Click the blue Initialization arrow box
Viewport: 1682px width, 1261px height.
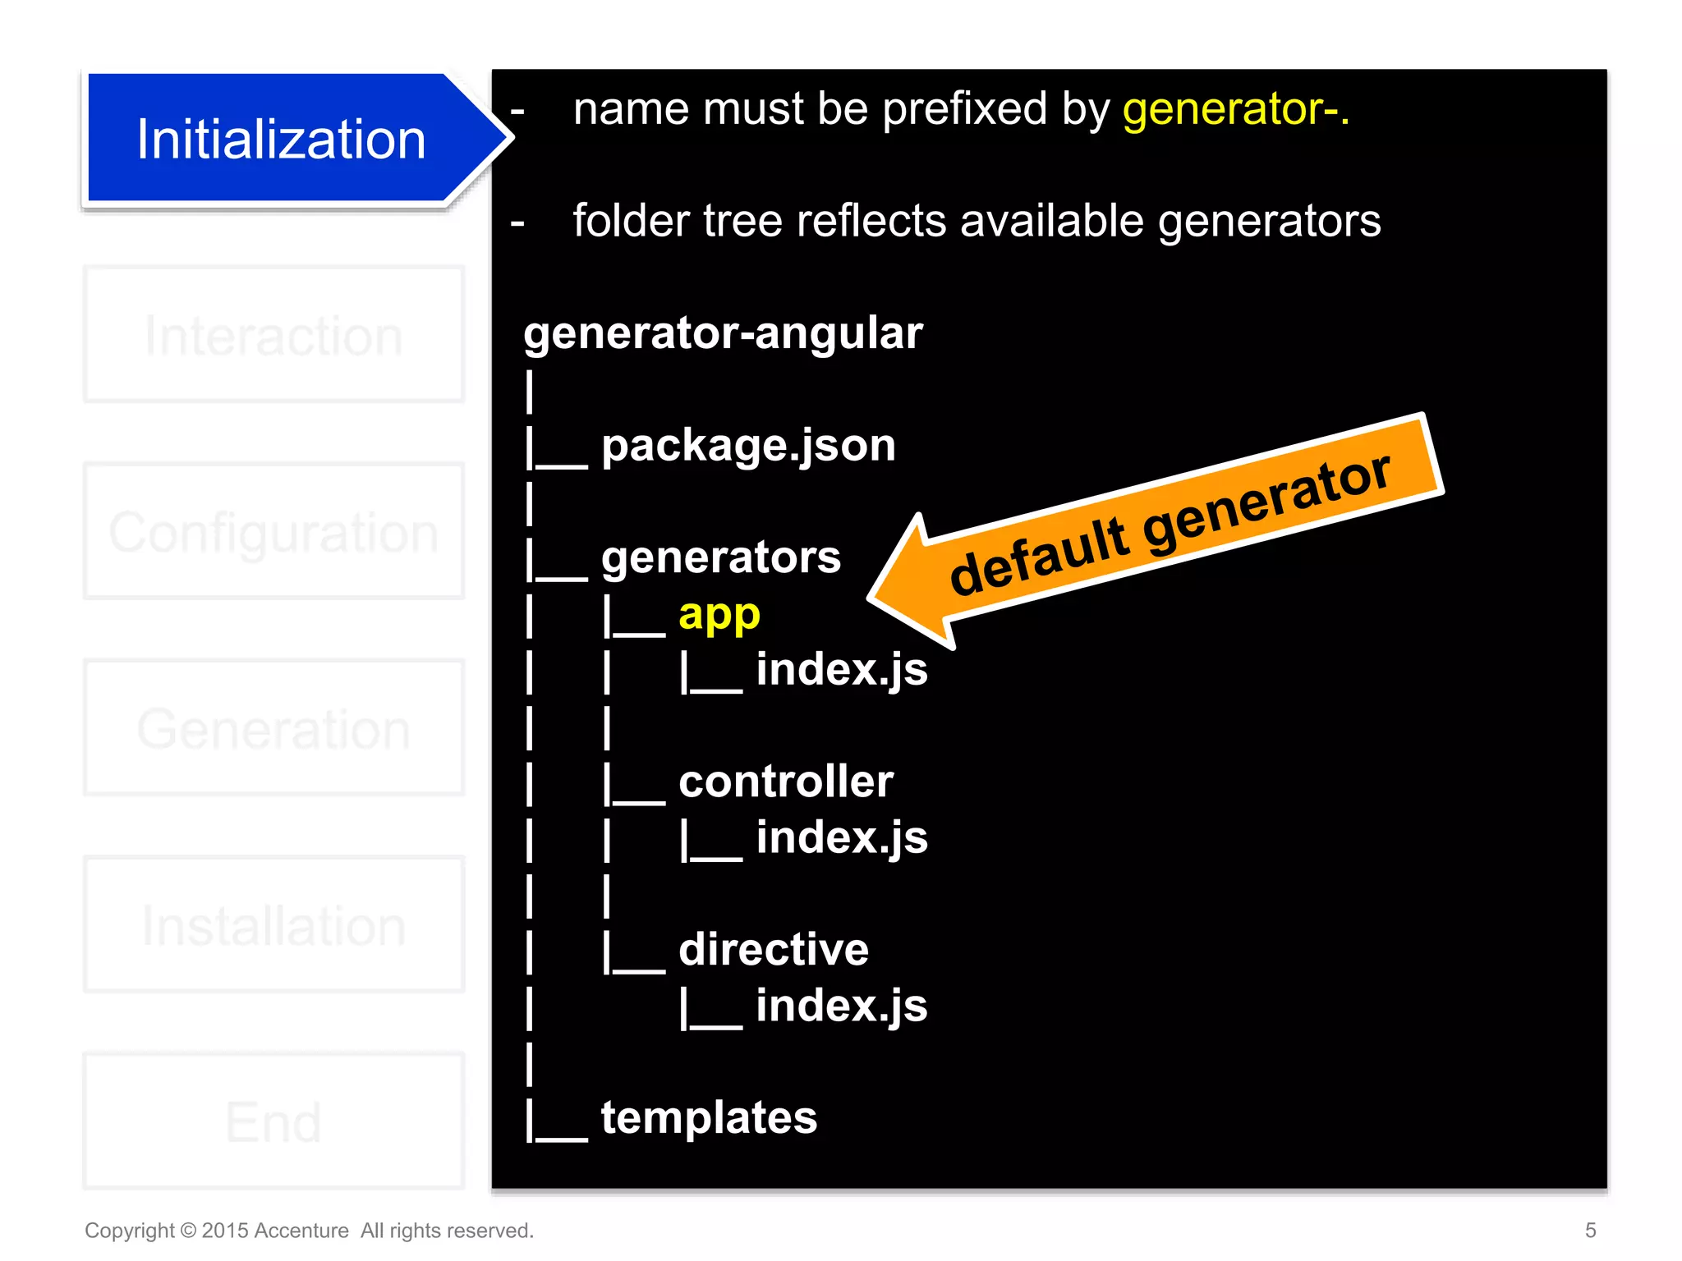pos(280,139)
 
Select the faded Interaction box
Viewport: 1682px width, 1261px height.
pos(273,335)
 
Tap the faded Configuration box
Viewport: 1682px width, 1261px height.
pos(273,532)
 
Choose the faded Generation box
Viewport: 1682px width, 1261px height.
pos(273,728)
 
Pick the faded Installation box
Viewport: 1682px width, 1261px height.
pos(273,925)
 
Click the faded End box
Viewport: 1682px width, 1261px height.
pos(273,1121)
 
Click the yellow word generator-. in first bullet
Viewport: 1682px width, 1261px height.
pos(1235,109)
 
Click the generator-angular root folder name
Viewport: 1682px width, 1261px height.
pos(723,333)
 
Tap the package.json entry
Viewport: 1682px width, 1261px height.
pos(748,446)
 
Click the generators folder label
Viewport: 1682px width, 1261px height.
pos(720,557)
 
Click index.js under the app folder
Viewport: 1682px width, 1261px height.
pos(841,670)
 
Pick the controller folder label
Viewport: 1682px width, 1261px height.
pos(785,782)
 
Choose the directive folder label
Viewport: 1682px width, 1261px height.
pos(773,950)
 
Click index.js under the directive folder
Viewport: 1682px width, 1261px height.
pos(841,1007)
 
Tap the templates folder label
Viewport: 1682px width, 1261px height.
pos(709,1118)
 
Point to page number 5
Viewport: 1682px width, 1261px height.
pos(1590,1230)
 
